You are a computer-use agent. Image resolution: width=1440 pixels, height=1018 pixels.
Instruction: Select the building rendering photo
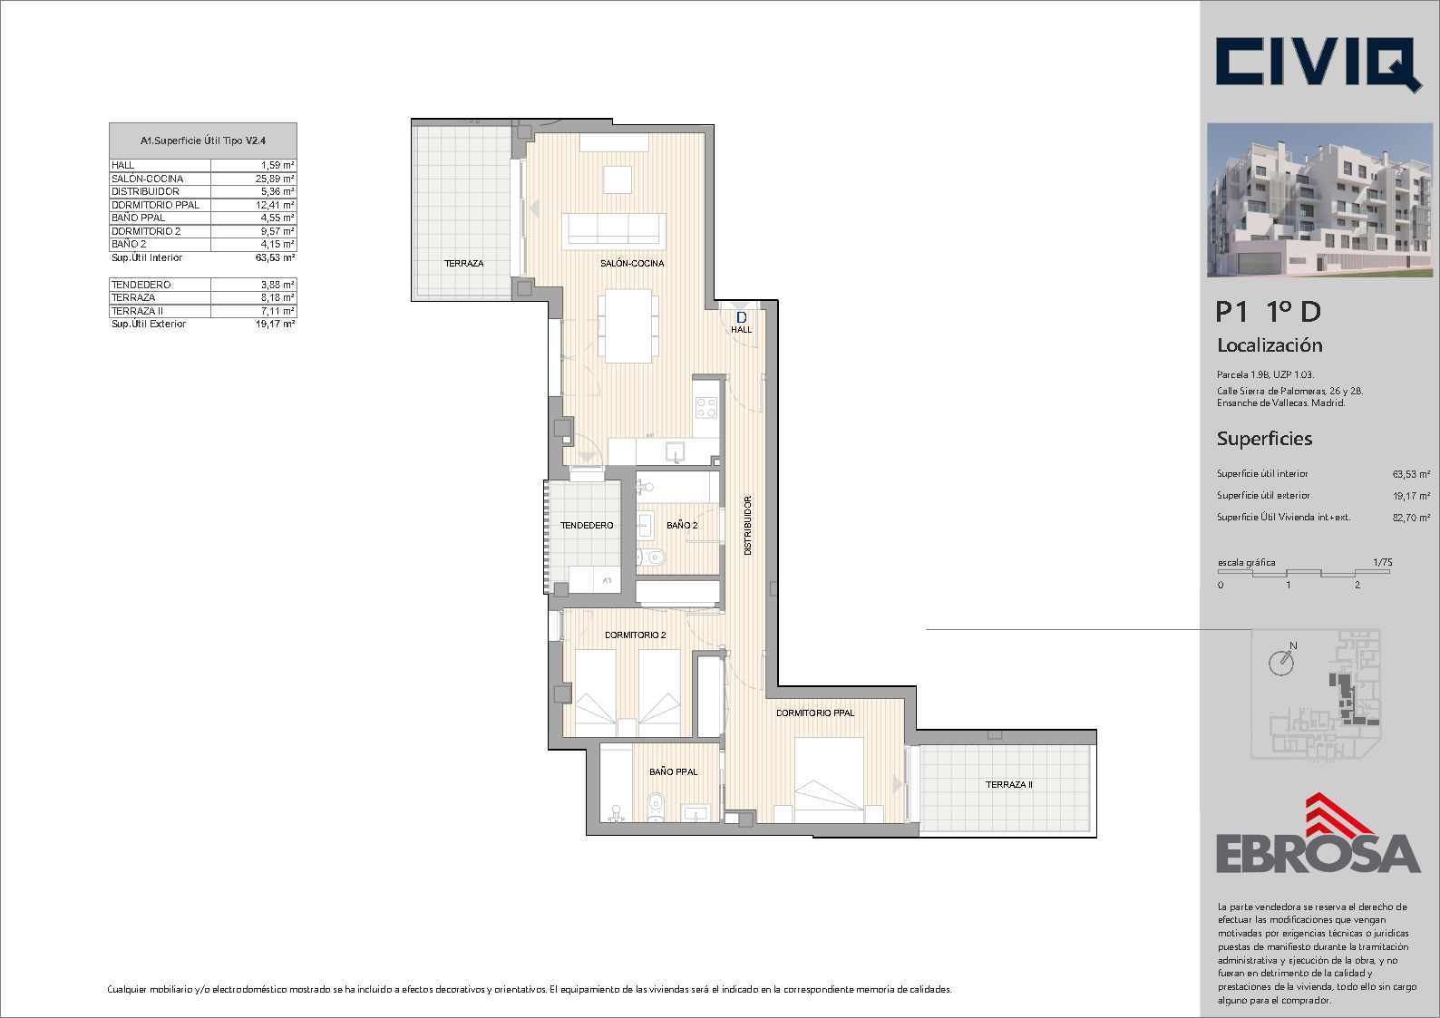[x=1319, y=199]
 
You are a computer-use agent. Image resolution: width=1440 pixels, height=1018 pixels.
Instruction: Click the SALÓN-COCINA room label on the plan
[x=632, y=264]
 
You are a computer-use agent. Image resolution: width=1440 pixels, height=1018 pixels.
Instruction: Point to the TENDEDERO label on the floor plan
[x=587, y=526]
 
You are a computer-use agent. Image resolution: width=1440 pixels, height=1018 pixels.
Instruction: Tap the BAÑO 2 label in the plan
[x=682, y=525]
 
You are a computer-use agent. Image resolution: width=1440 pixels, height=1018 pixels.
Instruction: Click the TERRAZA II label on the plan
[x=1009, y=785]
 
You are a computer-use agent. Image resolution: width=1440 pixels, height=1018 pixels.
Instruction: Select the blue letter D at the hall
[x=741, y=317]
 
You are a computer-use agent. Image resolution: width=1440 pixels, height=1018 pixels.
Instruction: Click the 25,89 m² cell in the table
[x=275, y=179]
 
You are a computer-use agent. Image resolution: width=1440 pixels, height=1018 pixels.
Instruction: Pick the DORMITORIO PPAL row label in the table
[x=156, y=205]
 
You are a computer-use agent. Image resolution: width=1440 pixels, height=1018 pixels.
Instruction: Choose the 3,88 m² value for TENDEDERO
[x=277, y=285]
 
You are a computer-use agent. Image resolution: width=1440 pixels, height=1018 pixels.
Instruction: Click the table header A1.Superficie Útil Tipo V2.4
[x=203, y=141]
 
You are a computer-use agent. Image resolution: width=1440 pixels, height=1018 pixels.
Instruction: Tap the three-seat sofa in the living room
[x=614, y=231]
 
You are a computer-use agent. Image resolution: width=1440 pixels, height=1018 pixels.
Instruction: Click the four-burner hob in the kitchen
[x=705, y=408]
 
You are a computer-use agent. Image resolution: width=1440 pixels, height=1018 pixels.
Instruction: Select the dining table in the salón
[x=628, y=325]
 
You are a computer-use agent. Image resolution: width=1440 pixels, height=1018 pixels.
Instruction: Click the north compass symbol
[x=1282, y=661]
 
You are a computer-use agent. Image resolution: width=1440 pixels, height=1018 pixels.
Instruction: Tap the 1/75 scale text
[x=1383, y=562]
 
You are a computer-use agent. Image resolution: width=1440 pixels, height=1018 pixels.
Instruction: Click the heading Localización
[x=1270, y=345]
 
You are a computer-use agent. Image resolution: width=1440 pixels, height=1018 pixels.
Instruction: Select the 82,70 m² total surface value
[x=1411, y=518]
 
